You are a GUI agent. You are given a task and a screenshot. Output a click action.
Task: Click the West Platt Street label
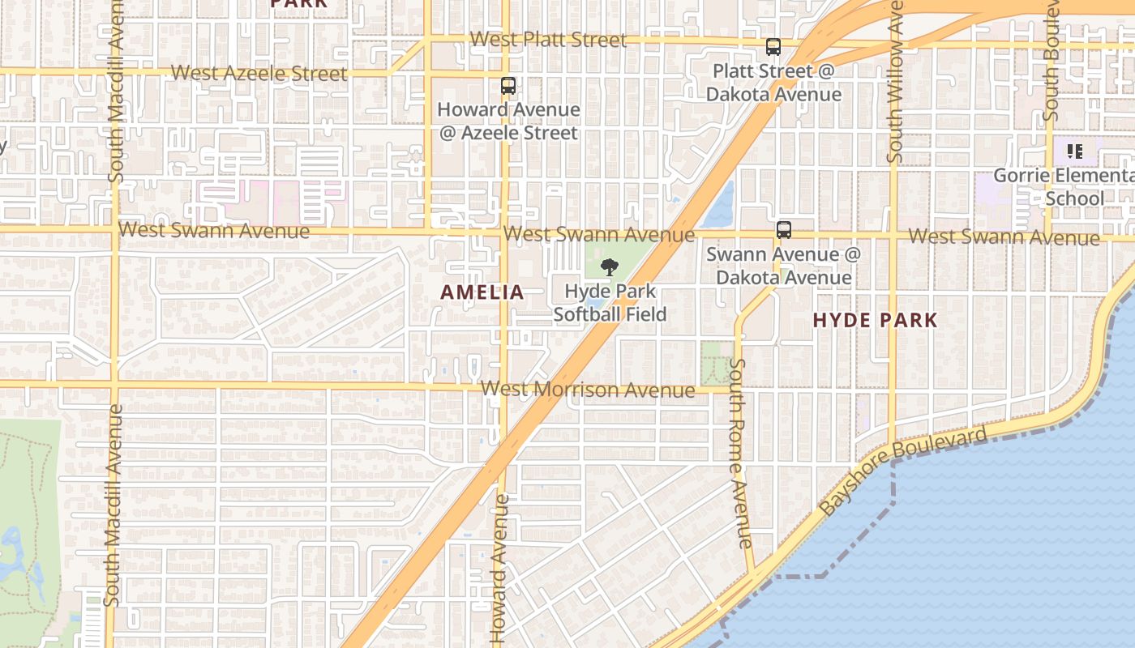tap(548, 40)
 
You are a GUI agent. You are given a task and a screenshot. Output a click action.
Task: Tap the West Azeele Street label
tap(259, 73)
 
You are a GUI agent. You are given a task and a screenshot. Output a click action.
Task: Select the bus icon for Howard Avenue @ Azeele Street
tap(508, 85)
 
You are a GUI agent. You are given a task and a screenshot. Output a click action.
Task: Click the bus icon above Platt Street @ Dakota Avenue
tap(773, 47)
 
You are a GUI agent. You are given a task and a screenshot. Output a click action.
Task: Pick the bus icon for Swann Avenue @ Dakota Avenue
tap(783, 229)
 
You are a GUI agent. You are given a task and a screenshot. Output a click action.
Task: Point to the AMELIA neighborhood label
tap(482, 292)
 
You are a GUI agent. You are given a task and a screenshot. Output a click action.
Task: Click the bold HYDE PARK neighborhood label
tap(875, 320)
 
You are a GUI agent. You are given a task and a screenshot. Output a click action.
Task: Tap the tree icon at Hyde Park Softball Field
tap(609, 267)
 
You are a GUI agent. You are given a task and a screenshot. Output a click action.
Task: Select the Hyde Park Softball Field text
tap(610, 302)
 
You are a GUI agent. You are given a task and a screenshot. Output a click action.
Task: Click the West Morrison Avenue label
tap(588, 390)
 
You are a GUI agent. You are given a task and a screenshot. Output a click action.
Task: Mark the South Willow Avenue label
tap(895, 81)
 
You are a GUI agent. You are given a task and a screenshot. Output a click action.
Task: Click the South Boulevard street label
tap(1051, 61)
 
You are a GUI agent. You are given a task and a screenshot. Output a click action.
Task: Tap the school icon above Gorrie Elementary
tap(1074, 151)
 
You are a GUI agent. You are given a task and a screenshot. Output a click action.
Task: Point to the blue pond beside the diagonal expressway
tap(719, 207)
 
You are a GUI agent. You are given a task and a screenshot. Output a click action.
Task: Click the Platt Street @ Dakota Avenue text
tap(773, 83)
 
